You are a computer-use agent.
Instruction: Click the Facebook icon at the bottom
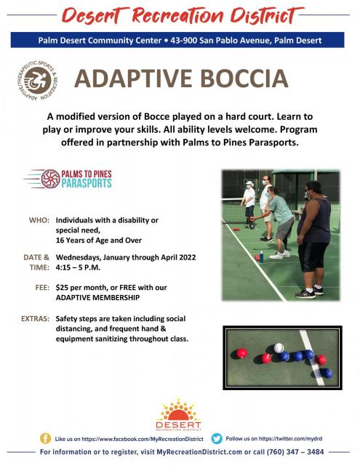45,438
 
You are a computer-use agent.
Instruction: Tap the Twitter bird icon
217,438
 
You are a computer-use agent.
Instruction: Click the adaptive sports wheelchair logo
38,80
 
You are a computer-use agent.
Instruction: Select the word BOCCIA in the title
244,78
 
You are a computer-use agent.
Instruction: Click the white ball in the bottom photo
279,347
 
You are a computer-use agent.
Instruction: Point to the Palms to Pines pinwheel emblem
51,179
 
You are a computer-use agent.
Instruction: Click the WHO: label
39,220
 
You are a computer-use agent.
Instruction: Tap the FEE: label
42,288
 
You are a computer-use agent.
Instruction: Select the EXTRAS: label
35,319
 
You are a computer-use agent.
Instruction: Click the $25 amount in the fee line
62,288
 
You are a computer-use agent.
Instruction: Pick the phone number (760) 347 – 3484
295,452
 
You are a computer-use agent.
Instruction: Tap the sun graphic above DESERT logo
178,409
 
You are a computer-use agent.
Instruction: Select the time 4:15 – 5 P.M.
78,267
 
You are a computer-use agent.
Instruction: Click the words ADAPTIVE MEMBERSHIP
97,297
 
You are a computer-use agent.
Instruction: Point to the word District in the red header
265,16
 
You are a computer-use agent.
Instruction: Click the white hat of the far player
249,183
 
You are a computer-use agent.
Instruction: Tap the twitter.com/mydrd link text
290,438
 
